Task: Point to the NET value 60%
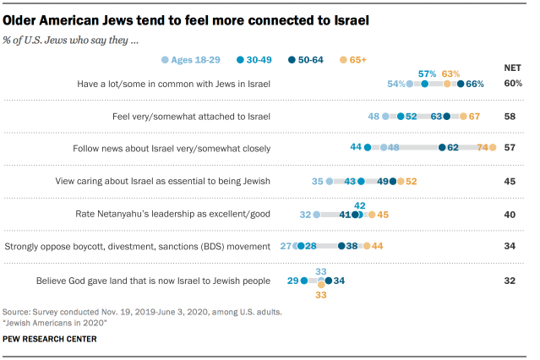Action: coord(513,84)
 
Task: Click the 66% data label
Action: coord(475,84)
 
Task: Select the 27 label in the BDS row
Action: coord(286,246)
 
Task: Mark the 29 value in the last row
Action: coord(292,280)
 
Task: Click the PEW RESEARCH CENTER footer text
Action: coord(50,339)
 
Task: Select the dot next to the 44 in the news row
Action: coord(368,148)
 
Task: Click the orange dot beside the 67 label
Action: coord(463,116)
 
